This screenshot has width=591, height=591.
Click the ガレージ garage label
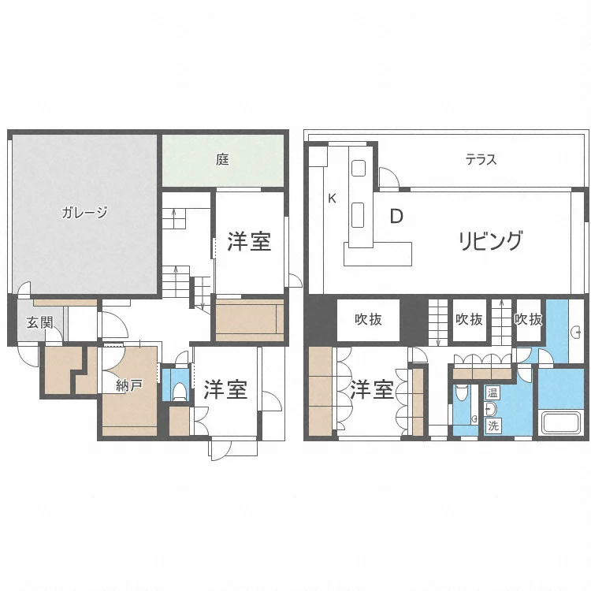pos(84,213)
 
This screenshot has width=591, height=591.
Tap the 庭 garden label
pos(222,159)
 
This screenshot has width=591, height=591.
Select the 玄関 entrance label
pos(39,322)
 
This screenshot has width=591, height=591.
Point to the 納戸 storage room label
pos(129,385)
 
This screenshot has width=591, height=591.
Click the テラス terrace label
pos(481,160)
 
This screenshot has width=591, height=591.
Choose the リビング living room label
pos(491,240)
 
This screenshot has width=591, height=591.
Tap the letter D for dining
pos(396,217)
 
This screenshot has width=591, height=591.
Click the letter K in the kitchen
pos(332,199)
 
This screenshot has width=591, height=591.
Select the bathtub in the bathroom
pos(561,423)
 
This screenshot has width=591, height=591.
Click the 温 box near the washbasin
pos(492,393)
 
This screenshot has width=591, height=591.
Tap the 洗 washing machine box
pos(492,426)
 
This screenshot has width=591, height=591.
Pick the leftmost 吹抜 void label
pos(368,320)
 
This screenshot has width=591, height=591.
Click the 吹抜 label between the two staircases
pos(469,320)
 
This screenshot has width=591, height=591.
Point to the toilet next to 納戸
pos(179,391)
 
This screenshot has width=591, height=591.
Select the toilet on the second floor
pos(461,392)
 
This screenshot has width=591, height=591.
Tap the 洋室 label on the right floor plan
pos(373,389)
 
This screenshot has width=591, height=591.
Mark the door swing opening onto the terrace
pos(389,177)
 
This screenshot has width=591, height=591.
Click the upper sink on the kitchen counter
pos(359,168)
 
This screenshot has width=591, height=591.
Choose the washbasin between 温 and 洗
pos(491,409)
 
